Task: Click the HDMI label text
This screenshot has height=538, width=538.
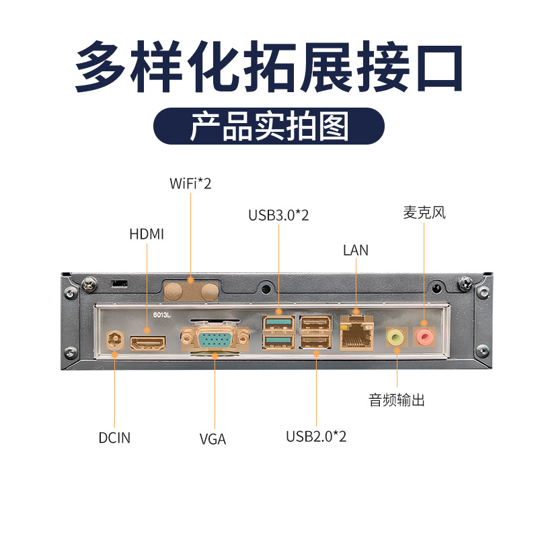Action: click(147, 234)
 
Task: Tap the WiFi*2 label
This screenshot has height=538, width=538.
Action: click(190, 183)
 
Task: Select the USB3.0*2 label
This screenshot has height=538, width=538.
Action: click(278, 215)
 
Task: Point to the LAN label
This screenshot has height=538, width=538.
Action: click(356, 250)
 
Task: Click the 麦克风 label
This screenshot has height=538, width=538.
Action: click(424, 213)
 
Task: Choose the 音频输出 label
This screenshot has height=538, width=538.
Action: click(397, 400)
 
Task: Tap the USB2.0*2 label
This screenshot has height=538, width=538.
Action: click(316, 436)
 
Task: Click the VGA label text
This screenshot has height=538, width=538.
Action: click(213, 440)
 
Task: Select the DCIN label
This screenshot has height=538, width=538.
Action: click(114, 438)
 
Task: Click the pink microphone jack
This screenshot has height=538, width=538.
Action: click(424, 334)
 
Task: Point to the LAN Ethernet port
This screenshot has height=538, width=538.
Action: click(356, 334)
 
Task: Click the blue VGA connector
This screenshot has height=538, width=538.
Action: click(214, 339)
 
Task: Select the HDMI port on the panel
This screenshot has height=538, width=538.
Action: click(148, 343)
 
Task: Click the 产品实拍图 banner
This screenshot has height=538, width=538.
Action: click(269, 126)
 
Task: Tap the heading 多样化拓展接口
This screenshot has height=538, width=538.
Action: click(269, 67)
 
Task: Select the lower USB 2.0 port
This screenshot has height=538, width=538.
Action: click(316, 344)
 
